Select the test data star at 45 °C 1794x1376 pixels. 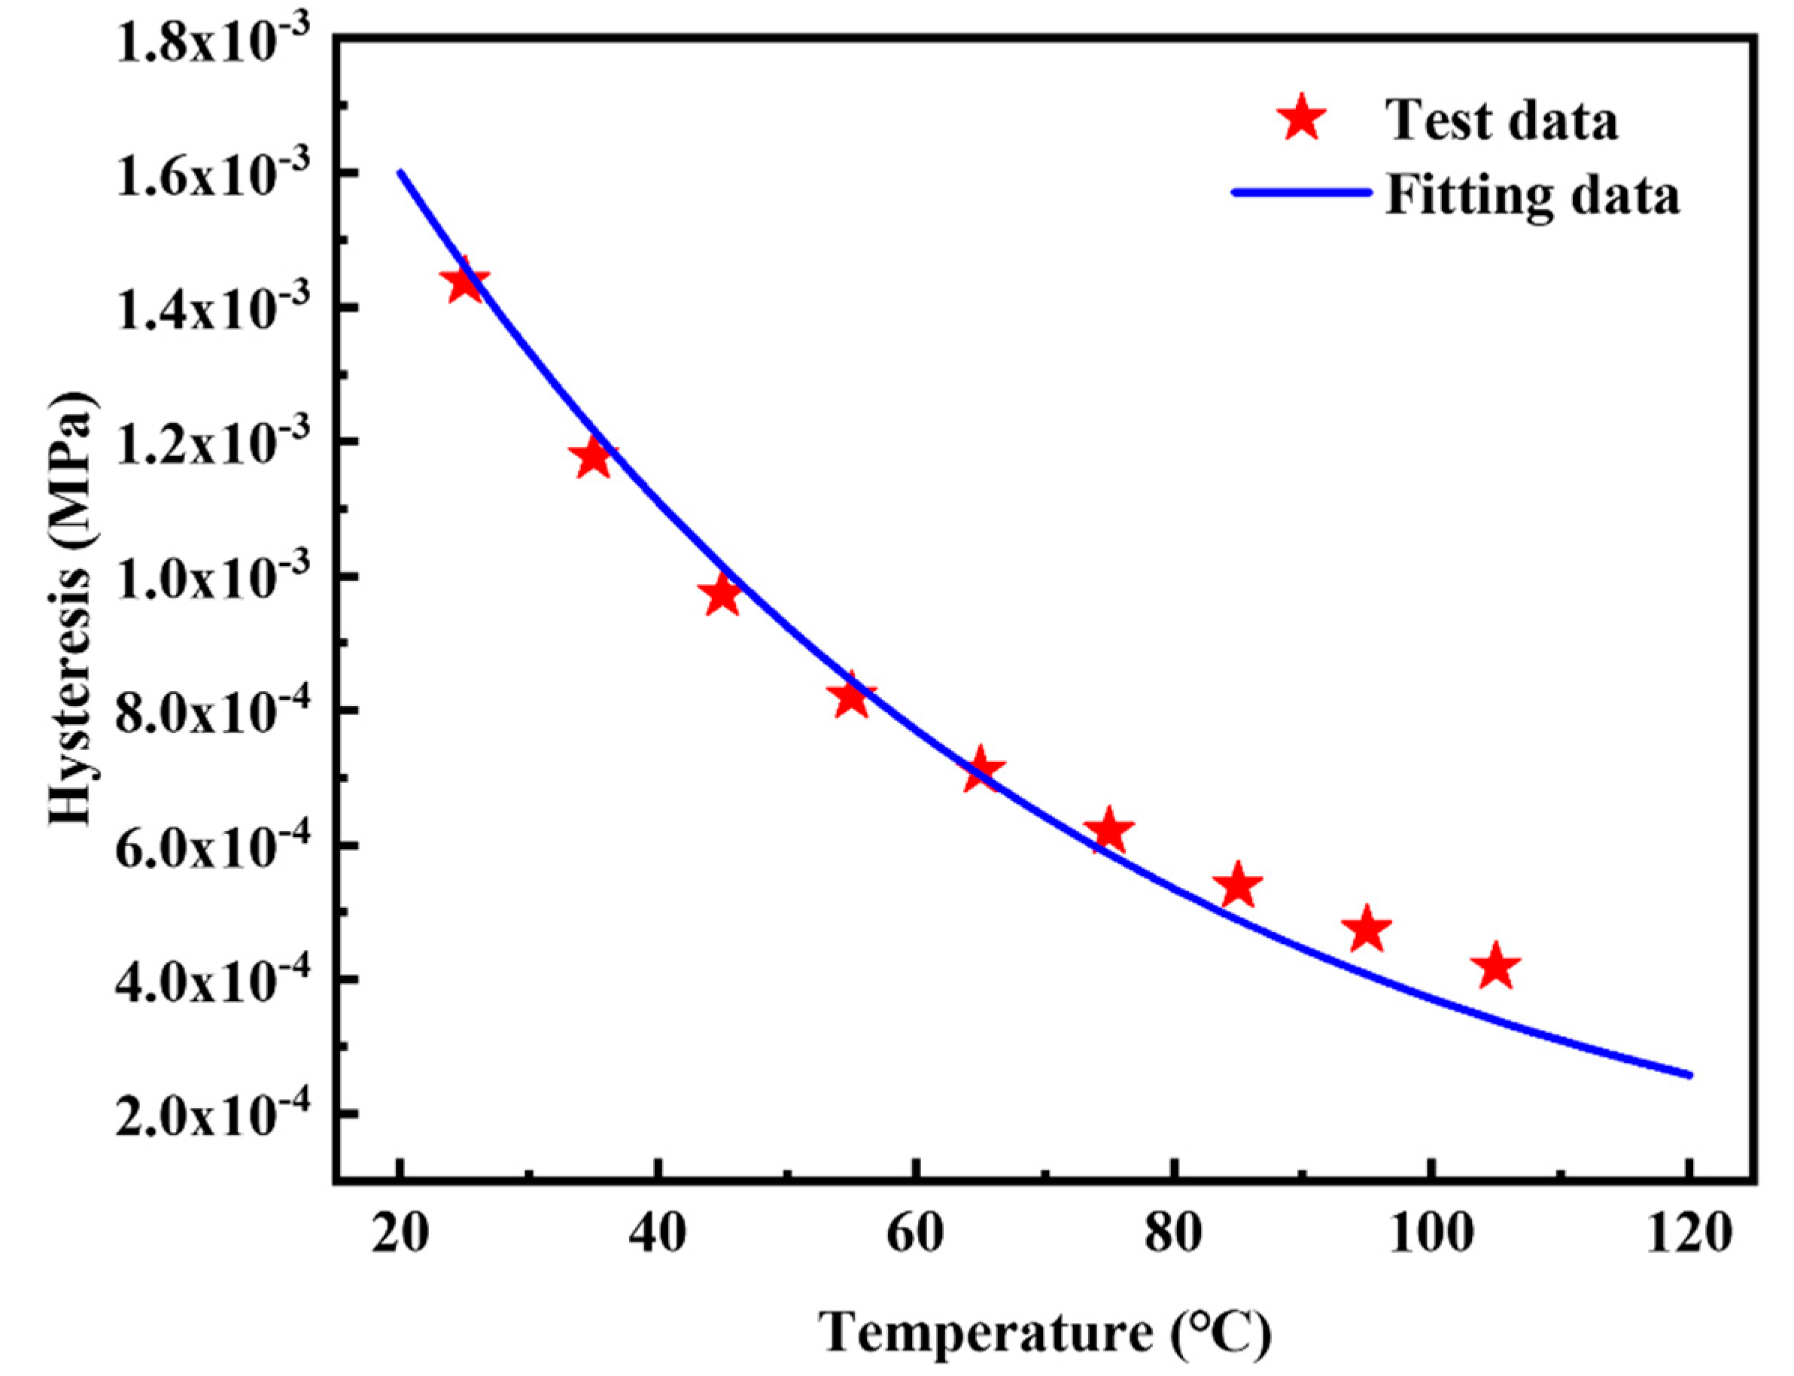722,595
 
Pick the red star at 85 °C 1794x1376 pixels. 1237,886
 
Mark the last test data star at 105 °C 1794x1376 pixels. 1496,967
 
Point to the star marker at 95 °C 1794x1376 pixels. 1367,930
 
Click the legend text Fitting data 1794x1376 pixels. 1532,196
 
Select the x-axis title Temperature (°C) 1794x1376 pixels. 1045,1333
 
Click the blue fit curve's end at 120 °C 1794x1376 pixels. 1689,1075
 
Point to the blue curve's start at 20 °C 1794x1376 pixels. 400,172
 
